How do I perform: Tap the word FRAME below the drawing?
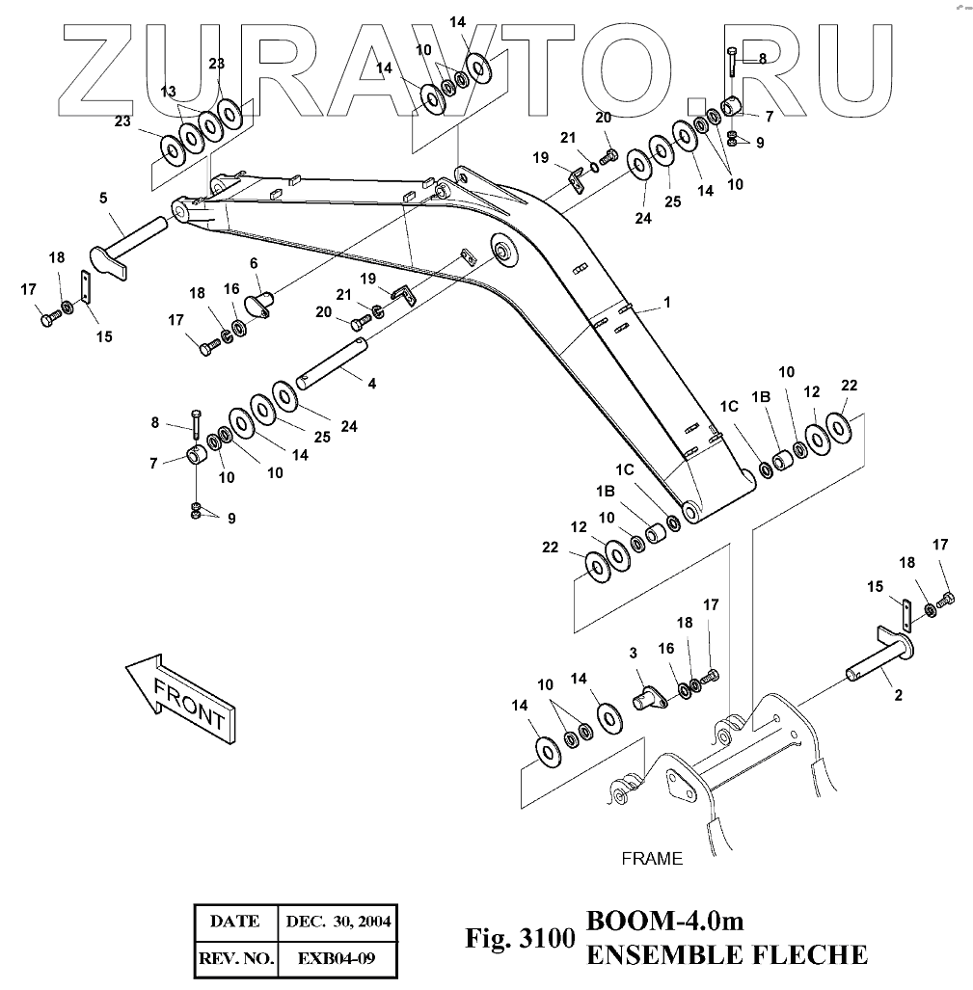tap(651, 858)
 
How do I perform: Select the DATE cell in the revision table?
tap(234, 921)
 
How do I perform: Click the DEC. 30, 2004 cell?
tap(338, 921)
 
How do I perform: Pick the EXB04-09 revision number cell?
tap(337, 958)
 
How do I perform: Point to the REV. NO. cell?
tap(234, 958)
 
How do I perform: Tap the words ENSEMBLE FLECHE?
tap(726, 954)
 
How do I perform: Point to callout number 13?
tap(169, 92)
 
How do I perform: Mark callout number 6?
tap(254, 263)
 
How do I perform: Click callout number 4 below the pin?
tap(371, 384)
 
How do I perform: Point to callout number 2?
tap(898, 693)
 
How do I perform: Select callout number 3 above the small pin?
tap(634, 653)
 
